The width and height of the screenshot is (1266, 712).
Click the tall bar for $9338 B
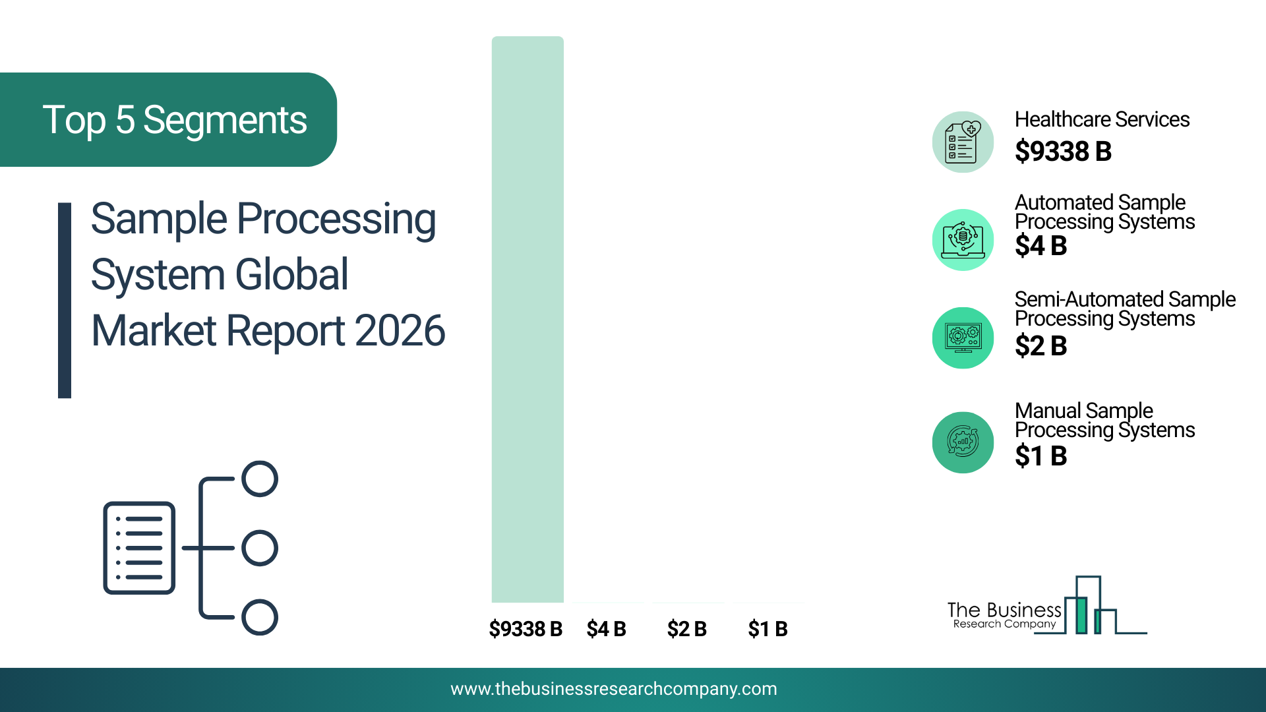(x=527, y=319)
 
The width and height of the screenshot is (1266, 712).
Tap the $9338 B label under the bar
(x=526, y=629)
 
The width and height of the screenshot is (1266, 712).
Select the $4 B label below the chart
(x=606, y=629)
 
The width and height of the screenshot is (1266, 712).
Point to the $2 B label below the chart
(x=686, y=629)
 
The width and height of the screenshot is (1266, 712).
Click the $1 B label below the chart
(x=768, y=629)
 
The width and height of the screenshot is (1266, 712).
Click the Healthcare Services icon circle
(x=963, y=142)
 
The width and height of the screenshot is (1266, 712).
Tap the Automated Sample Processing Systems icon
(x=963, y=240)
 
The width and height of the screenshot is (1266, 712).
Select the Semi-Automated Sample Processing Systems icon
(x=963, y=338)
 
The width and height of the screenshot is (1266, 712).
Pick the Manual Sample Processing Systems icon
(x=963, y=442)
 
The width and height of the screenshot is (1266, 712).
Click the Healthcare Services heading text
(x=1102, y=119)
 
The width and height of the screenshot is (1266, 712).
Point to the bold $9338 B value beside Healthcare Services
(x=1063, y=151)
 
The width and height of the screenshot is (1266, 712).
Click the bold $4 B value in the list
(x=1040, y=246)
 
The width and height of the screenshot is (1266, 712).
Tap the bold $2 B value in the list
(x=1040, y=345)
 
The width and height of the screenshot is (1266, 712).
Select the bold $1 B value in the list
(x=1040, y=456)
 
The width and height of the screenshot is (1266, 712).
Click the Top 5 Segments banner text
(x=175, y=120)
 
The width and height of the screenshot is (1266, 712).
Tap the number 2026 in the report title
(x=400, y=330)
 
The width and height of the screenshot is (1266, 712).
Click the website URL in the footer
(x=614, y=689)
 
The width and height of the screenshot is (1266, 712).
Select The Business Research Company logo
(x=1047, y=605)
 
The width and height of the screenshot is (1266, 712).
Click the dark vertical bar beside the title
(x=65, y=301)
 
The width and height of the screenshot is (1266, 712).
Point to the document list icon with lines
(x=139, y=548)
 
